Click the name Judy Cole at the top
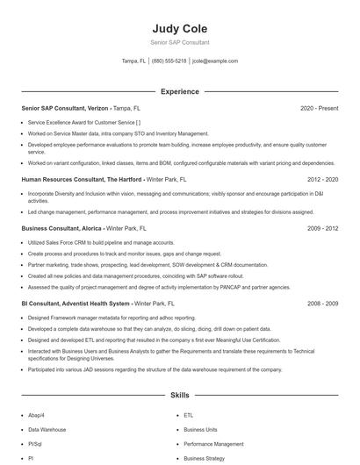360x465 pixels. coord(179,28)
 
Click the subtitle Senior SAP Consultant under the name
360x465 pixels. coord(179,42)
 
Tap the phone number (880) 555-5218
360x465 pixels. coord(169,61)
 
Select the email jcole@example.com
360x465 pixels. coord(215,61)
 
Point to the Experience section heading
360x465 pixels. coord(179,91)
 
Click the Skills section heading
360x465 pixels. coord(179,396)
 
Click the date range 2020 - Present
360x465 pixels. coord(319,108)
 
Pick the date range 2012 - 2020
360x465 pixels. coord(322,179)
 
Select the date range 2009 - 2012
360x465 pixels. coord(322,228)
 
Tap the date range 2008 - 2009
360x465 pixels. coord(322,303)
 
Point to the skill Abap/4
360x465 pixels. coord(38,416)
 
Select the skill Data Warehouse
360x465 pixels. coord(47,430)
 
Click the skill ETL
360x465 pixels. coord(188,416)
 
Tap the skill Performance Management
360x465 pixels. coord(213,444)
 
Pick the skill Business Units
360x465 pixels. coord(200,430)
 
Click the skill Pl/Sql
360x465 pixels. coord(37,444)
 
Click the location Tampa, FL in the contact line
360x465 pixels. coord(133,61)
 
